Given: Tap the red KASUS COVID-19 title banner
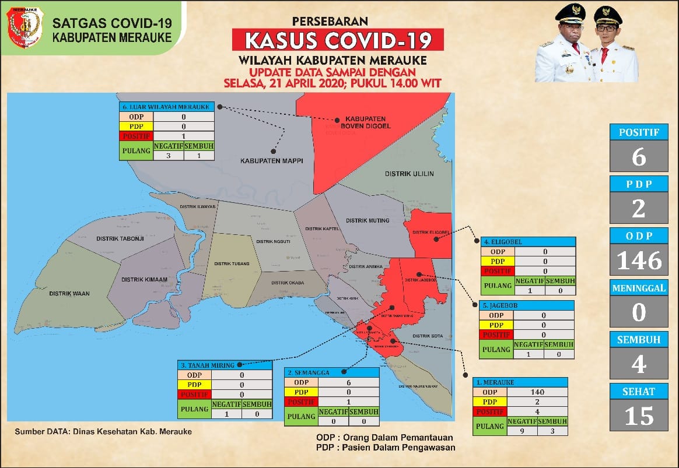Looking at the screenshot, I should (338, 40).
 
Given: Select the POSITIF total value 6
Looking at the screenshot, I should (639, 156).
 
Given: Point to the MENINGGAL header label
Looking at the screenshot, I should (639, 288).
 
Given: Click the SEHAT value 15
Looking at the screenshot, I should (639, 416).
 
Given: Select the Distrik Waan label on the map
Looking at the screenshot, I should (69, 293).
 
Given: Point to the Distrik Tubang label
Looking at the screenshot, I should (232, 263).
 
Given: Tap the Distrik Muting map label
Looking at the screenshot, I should (367, 221).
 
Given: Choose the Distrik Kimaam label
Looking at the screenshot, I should (145, 280).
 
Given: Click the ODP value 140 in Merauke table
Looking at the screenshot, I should (537, 392).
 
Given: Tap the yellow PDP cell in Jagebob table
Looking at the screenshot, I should (497, 324).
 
